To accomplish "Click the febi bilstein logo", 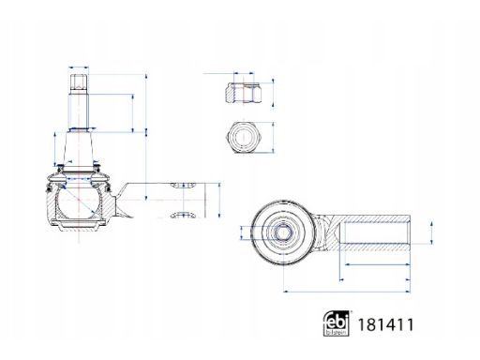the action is [x=336, y=323].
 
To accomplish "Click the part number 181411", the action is [x=385, y=324].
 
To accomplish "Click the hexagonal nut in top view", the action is [x=244, y=137].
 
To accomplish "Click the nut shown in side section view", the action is [x=244, y=93].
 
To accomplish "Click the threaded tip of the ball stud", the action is [x=79, y=82].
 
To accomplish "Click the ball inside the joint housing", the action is [x=79, y=201].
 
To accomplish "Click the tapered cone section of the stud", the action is [x=79, y=149].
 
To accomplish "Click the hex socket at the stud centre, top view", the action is [x=283, y=232].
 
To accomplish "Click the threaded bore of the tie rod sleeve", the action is [x=374, y=232].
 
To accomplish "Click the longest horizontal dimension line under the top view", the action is [x=346, y=292].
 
